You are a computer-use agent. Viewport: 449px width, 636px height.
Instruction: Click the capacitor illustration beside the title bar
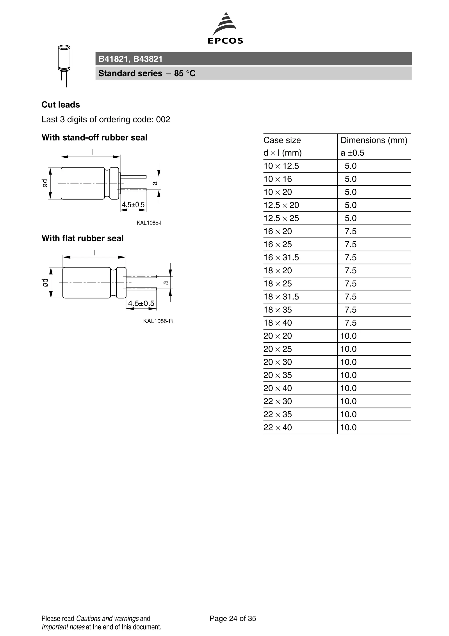pos(64,65)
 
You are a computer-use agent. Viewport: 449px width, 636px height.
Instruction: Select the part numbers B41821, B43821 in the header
pos(130,59)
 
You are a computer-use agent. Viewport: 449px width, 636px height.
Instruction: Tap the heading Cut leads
pos(61,105)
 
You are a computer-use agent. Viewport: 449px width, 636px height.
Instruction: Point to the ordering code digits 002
pos(163,119)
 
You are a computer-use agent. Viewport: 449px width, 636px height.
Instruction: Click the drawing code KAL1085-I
pos(149,223)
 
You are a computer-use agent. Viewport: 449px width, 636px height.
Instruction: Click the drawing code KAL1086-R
pos(158,321)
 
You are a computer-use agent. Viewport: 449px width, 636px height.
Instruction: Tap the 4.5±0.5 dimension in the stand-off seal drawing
pos(133,205)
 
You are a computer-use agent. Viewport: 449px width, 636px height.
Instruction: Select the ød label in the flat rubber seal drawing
pos(45,283)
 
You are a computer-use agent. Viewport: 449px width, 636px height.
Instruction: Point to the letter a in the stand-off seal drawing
pos(155,183)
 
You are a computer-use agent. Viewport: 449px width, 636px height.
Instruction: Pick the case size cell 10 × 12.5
pos(281,166)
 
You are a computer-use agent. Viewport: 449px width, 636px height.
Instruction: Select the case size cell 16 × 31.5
pos(281,257)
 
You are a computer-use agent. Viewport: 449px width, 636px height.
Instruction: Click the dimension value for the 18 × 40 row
pos(350,323)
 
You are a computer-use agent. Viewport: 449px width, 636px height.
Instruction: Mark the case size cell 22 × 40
pos(278,428)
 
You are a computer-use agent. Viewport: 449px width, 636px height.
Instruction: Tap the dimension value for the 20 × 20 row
pos(348,336)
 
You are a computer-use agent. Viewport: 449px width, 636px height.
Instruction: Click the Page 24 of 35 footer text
pos(233,618)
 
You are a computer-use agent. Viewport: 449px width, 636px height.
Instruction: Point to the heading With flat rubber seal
pos(82,238)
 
